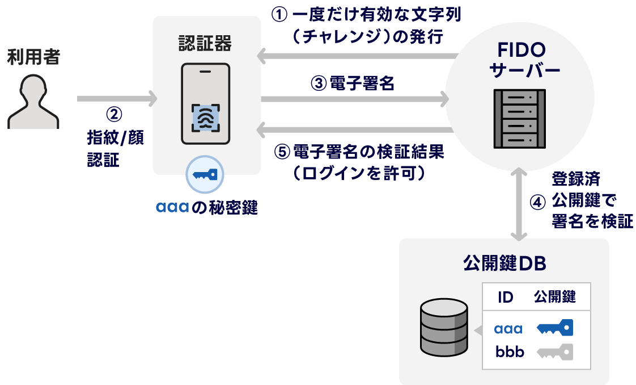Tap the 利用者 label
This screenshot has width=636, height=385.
33,57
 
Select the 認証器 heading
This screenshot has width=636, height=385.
205,44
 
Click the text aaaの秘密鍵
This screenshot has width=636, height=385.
206,208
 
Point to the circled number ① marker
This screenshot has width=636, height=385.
280,15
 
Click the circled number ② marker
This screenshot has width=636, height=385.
115,114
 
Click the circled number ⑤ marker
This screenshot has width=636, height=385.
282,152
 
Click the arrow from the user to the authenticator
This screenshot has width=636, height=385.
116,98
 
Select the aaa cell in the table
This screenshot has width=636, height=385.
508,329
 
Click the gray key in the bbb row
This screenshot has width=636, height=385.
555,352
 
